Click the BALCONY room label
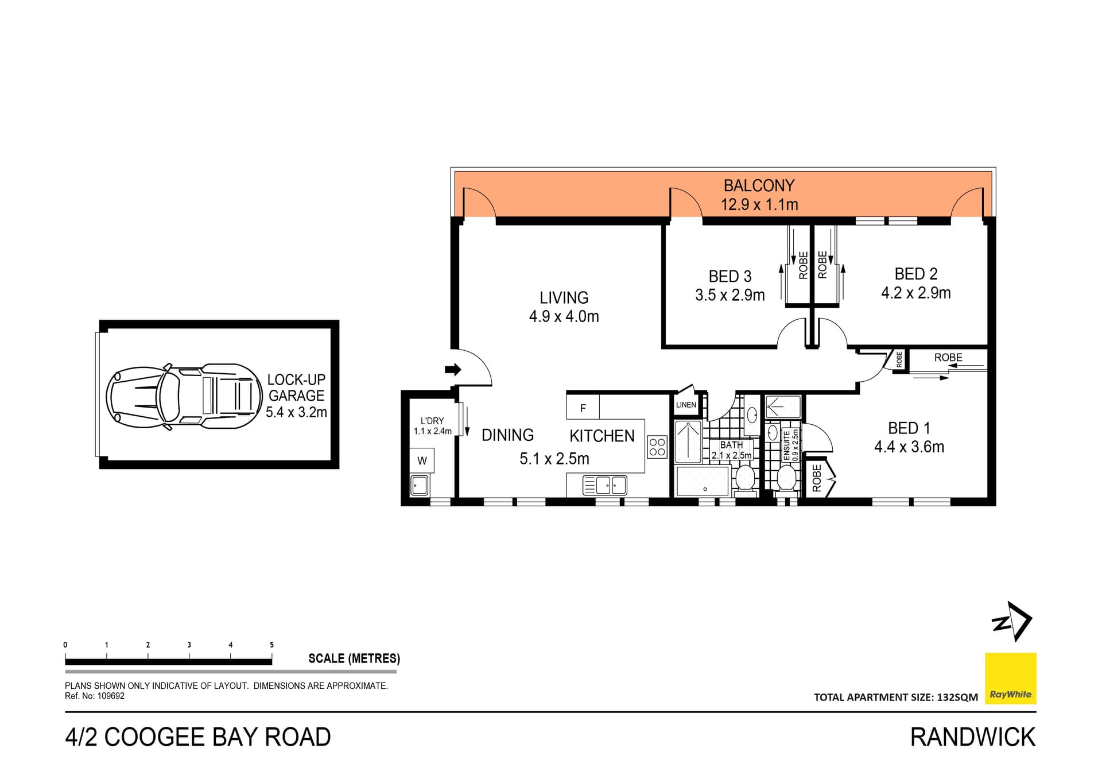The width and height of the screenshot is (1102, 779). tap(759, 186)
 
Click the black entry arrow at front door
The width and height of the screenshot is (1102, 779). tap(453, 369)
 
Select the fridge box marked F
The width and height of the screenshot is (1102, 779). tap(583, 408)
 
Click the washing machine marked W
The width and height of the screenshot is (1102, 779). tap(422, 460)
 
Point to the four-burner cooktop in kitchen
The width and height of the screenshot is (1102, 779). tap(657, 447)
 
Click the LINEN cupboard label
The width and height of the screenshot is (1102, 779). tap(686, 405)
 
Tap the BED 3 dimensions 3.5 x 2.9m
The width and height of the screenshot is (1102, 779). tap(730, 296)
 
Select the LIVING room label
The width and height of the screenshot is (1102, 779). tap(564, 297)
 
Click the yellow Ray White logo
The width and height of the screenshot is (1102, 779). tap(1010, 678)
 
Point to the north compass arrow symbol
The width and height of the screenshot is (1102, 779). tap(1012, 621)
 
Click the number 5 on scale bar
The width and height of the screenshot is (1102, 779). tap(271, 645)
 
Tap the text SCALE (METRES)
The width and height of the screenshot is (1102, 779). tap(354, 658)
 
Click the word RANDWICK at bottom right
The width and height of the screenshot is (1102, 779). tap(972, 737)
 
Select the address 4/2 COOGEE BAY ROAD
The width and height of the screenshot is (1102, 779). tap(198, 737)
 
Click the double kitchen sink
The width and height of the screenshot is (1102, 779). tap(604, 485)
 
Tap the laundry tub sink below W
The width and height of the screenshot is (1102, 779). tap(419, 485)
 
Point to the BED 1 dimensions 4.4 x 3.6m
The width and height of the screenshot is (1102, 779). tap(909, 447)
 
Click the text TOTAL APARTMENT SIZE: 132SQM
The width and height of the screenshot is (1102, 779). tap(895, 697)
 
